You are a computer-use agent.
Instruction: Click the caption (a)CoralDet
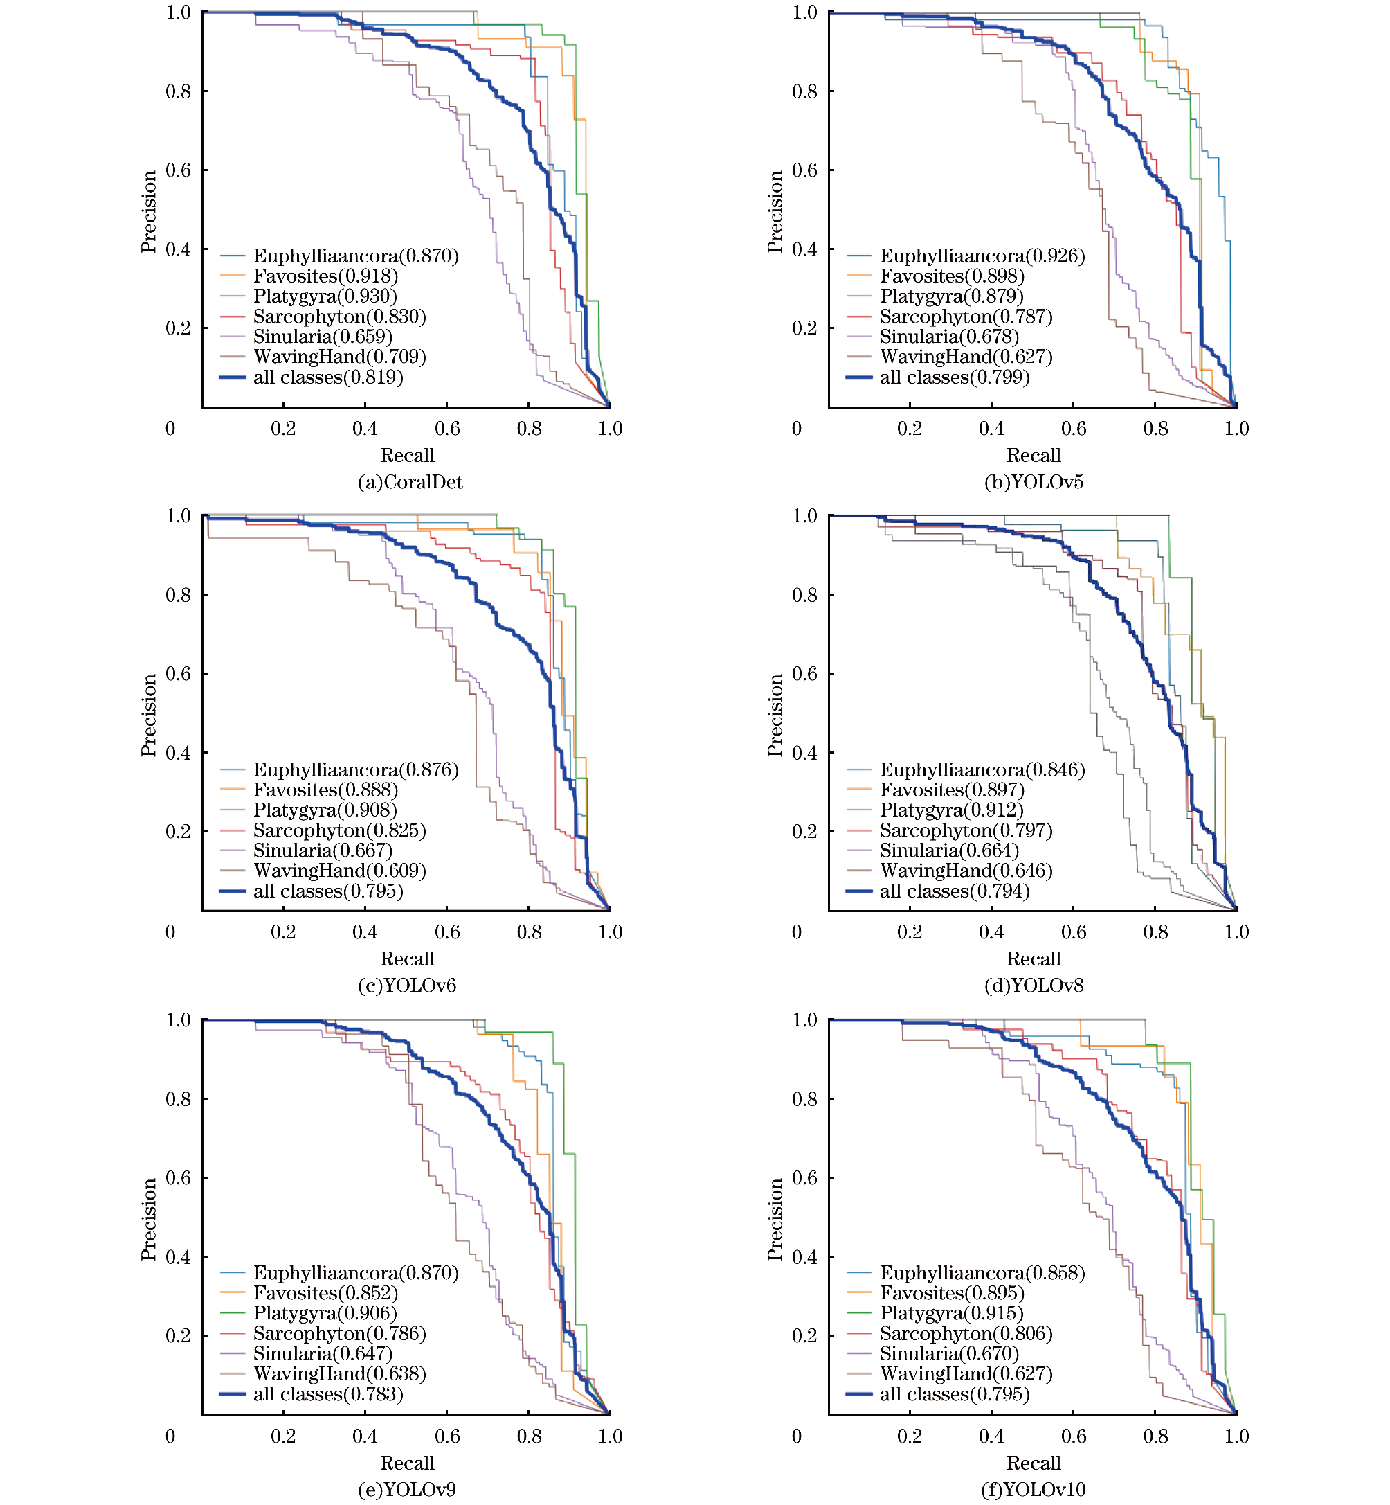(x=410, y=482)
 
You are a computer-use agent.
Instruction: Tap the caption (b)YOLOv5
(x=1034, y=482)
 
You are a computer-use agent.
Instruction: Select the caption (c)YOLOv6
(x=407, y=986)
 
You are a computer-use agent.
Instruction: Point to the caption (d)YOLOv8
(x=1034, y=986)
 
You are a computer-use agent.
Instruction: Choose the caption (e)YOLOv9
(x=407, y=1489)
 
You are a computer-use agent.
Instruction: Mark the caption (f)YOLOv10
(x=1034, y=1489)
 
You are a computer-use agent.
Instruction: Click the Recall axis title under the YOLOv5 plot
(x=1034, y=455)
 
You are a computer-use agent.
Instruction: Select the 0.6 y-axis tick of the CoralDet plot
(x=179, y=170)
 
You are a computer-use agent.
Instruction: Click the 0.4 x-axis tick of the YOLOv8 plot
(x=991, y=932)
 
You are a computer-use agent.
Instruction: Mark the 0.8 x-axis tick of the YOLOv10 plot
(x=1155, y=1436)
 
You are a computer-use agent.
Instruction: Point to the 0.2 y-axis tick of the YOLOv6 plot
(x=179, y=832)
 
